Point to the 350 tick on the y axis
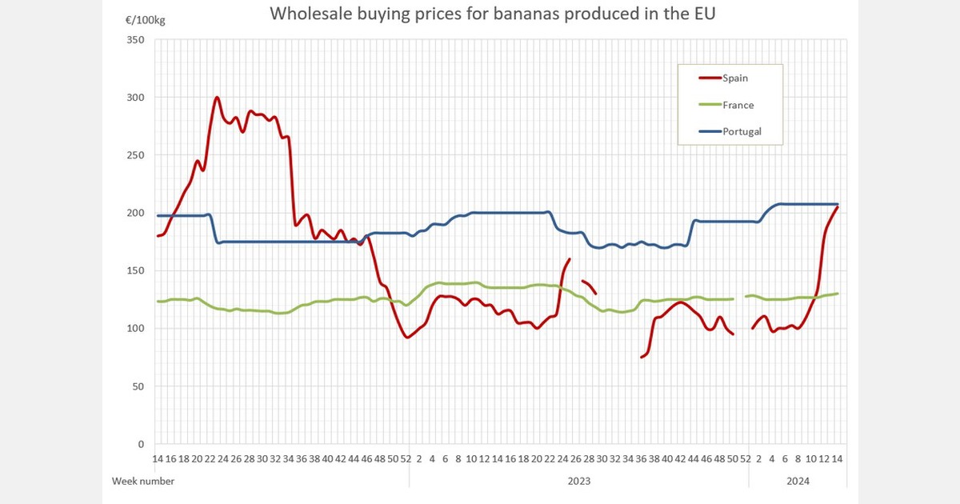(x=135, y=40)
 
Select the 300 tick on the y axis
(x=135, y=98)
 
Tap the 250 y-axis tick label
(x=135, y=155)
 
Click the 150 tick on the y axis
(x=135, y=270)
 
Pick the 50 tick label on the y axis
(x=138, y=386)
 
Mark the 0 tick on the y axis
(x=141, y=444)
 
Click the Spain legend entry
(x=736, y=78)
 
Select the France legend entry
(x=738, y=105)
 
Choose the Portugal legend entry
(x=742, y=132)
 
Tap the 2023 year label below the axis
(x=578, y=481)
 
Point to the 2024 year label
(x=798, y=481)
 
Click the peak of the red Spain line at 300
(x=217, y=98)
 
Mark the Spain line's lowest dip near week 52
(x=408, y=337)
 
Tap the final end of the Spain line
(x=837, y=207)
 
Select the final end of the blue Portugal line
(x=838, y=204)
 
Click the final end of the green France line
(x=838, y=294)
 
